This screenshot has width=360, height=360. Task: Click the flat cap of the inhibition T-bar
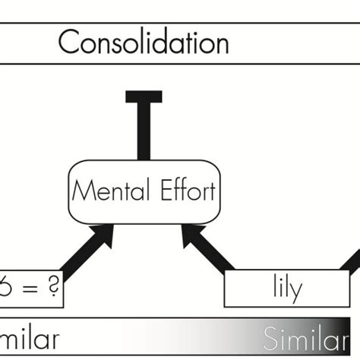click(x=143, y=96)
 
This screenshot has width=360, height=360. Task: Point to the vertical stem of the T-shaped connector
click(x=143, y=129)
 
